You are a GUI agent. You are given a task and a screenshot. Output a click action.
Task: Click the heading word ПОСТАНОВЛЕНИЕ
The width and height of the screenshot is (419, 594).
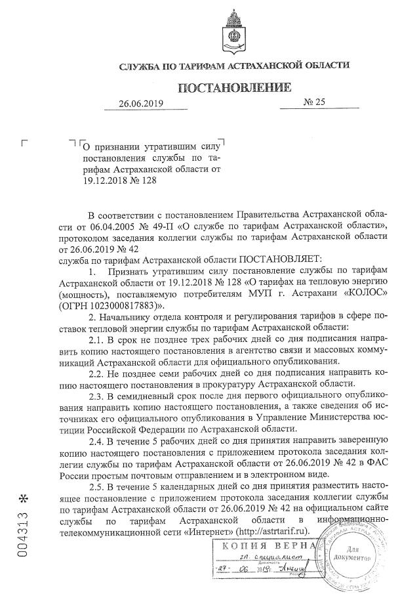(x=233, y=87)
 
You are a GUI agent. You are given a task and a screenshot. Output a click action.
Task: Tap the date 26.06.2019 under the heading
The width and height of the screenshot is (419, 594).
(x=140, y=103)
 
